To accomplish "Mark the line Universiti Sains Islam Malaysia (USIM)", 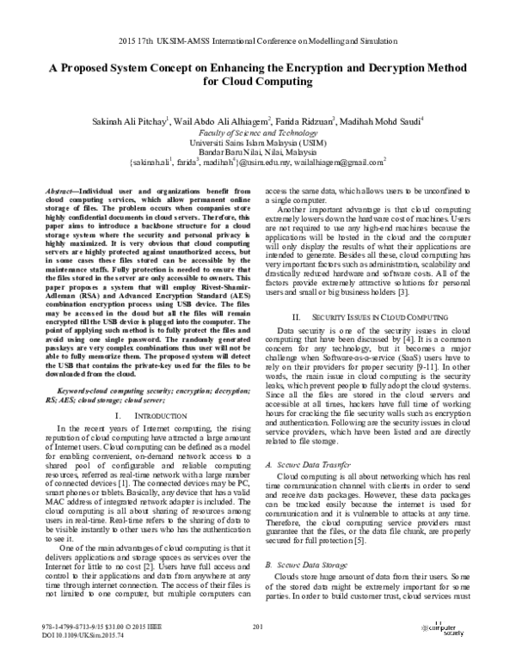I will point(258,143).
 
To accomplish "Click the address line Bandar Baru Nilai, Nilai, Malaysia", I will point(258,151).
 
